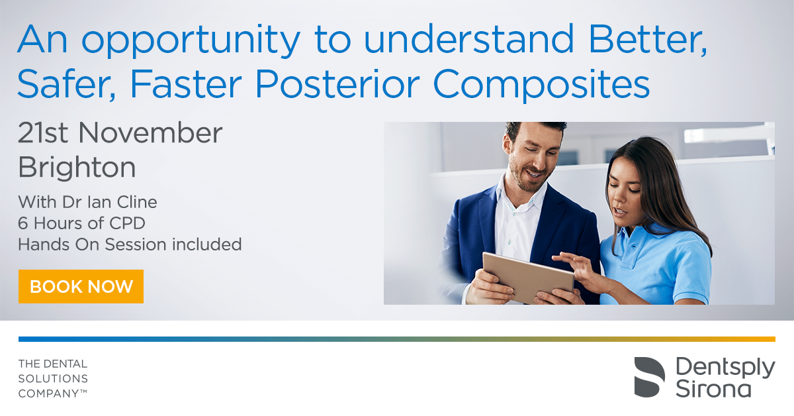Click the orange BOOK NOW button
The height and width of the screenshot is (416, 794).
pos(81,286)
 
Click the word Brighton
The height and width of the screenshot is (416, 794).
pos(77,168)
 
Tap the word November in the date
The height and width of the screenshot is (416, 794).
pos(150,132)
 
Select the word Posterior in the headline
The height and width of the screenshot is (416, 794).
pos(337,83)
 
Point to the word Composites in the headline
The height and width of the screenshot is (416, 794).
pos(542,85)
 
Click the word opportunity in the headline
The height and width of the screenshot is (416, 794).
pos(191,40)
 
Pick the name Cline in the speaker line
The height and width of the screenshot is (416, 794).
pos(137,202)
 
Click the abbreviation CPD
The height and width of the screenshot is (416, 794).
pos(127,223)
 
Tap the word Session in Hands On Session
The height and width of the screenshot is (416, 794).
pos(136,244)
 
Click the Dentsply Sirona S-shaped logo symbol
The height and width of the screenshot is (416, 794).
pos(649,377)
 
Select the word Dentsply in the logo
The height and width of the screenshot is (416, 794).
pos(725,368)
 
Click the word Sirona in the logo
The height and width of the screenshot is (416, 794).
pos(713,389)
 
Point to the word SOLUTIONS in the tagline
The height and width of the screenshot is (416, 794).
pos(53,379)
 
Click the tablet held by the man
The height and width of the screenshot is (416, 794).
pos(528,278)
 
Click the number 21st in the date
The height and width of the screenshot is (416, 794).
pos(42,132)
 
